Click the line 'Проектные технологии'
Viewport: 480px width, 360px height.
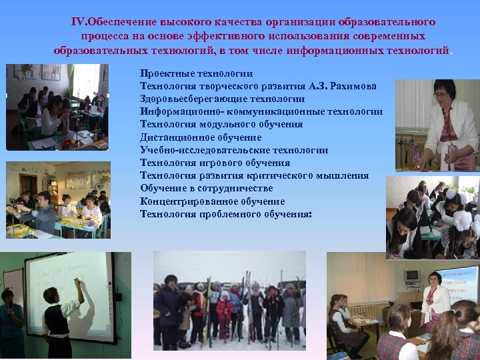tap(196, 73)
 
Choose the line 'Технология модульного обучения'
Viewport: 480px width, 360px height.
tap(221, 124)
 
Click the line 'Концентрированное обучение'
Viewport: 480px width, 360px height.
tap(212, 201)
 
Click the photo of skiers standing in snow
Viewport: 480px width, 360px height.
tap(229, 300)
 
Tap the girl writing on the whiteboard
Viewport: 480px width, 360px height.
tap(58, 319)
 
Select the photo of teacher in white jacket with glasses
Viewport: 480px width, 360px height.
tap(437, 125)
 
